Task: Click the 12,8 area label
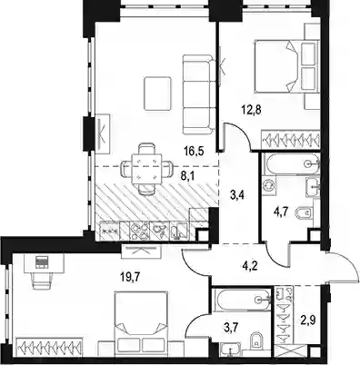click(x=251, y=110)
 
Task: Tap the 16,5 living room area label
click(x=195, y=150)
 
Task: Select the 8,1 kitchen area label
click(x=188, y=175)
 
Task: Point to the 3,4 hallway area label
click(x=237, y=195)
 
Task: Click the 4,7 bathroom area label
click(x=280, y=212)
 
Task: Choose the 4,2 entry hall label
click(x=250, y=267)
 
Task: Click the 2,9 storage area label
click(x=308, y=321)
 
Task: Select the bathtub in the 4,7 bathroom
click(x=292, y=163)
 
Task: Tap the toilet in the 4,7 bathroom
click(x=304, y=212)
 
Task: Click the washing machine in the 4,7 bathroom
click(x=269, y=184)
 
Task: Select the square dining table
click(x=145, y=168)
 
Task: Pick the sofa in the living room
click(x=199, y=94)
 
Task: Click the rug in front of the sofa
click(x=157, y=94)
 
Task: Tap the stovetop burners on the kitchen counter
click(x=139, y=232)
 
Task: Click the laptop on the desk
click(x=41, y=262)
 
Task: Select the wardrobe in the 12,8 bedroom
click(x=291, y=140)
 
